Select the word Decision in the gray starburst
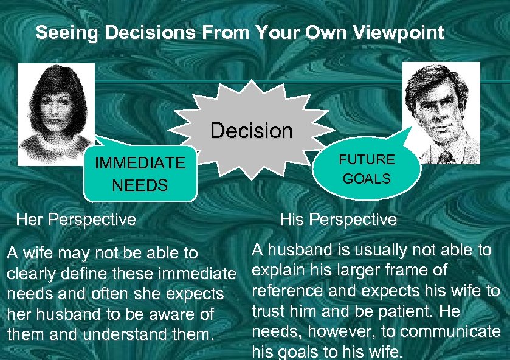coord(251,131)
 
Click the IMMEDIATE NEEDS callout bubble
coord(140,174)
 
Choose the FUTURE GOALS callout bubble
coord(367,169)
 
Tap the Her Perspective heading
coord(76,219)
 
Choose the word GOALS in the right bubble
coord(367,179)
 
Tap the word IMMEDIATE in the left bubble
coord(139,163)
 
